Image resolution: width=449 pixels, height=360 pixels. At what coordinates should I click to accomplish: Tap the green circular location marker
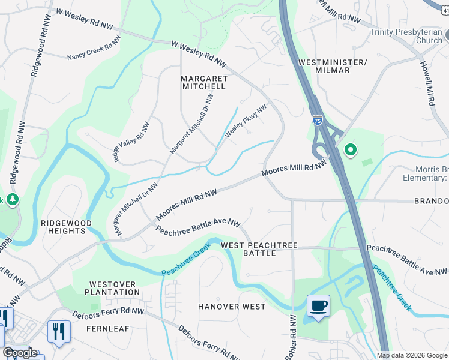pos(349,149)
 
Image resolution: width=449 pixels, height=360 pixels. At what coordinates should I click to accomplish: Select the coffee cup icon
pos(318,306)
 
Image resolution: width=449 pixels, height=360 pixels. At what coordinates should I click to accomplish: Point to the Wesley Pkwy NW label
pos(246,122)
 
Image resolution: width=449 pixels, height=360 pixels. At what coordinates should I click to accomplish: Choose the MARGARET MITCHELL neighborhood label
pos(203,82)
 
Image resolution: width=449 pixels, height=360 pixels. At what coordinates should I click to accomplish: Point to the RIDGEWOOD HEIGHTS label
pos(66,227)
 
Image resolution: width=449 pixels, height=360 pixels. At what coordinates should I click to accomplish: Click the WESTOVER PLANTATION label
pos(114,288)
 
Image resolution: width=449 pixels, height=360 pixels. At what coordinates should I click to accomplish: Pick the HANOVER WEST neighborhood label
pos(232,307)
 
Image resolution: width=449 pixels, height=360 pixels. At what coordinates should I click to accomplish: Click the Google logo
pos(20,353)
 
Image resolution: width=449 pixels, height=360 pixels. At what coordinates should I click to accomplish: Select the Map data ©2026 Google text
pos(412,355)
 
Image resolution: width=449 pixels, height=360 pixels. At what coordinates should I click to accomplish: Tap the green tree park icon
pos(12,199)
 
